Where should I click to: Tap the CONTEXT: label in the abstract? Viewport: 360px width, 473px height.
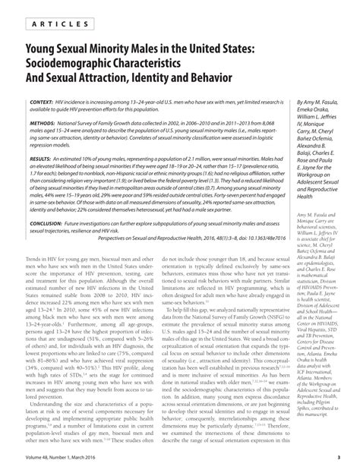[27, 101]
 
